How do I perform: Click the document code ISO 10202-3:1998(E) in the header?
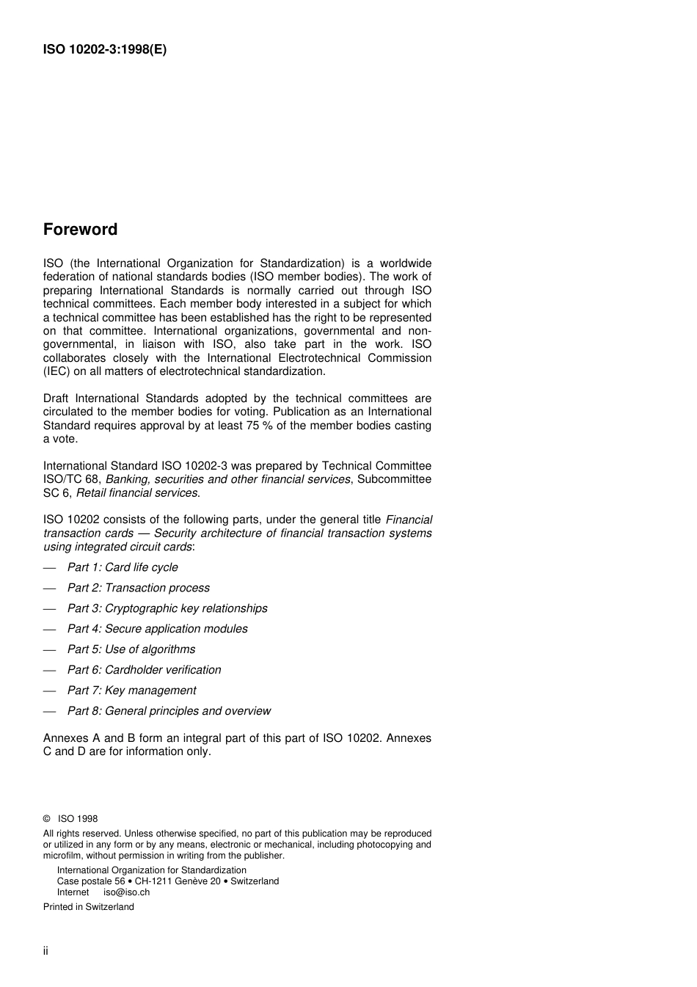click(104, 50)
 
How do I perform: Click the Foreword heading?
click(80, 230)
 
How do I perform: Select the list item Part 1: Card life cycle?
click(123, 567)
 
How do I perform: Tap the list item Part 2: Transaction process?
click(138, 588)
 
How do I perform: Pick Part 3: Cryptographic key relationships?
click(167, 608)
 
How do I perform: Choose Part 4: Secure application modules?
click(157, 629)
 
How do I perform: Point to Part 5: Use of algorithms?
click(131, 649)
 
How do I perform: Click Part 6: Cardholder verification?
click(144, 670)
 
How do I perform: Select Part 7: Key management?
click(131, 691)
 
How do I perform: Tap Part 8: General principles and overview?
click(169, 711)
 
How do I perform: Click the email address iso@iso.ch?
click(126, 892)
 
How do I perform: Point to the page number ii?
click(45, 951)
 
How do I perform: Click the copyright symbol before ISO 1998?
click(46, 819)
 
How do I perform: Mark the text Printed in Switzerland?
click(88, 907)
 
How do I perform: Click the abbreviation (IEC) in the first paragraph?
click(56, 371)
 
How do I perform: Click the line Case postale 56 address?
click(167, 881)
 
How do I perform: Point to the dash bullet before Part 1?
click(49, 568)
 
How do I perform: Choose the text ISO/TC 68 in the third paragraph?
click(70, 479)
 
